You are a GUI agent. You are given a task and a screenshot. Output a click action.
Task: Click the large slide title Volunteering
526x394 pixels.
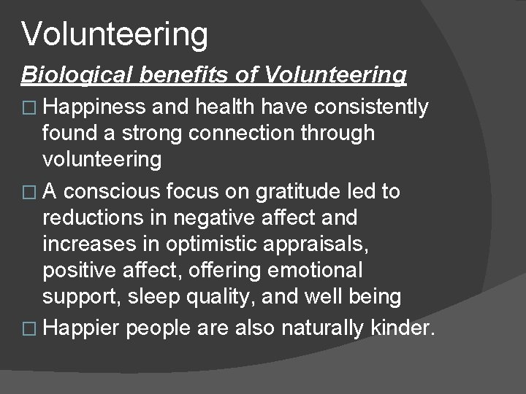[115, 34]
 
